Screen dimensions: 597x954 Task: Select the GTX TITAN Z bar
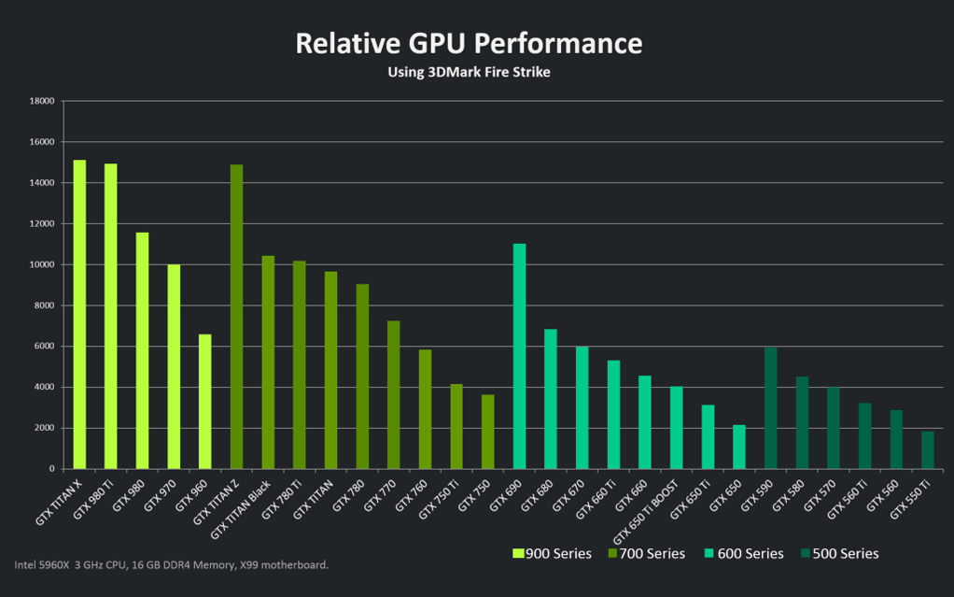236,317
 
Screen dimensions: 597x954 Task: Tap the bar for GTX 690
519,356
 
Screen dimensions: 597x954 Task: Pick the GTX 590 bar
770,407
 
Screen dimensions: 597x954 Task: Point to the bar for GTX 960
205,402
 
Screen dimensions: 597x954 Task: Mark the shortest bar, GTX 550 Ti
927,449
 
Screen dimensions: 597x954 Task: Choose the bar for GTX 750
488,432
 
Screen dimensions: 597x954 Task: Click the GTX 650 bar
739,447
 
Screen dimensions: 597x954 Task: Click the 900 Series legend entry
552,553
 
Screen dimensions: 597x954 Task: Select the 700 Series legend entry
647,553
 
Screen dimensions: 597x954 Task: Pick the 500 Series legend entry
839,553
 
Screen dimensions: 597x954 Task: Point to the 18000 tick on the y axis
42,101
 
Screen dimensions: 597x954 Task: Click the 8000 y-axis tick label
45,306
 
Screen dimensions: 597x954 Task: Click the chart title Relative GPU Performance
469,43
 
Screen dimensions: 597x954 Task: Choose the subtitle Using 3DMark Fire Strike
469,72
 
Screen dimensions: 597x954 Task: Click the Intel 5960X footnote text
171,564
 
